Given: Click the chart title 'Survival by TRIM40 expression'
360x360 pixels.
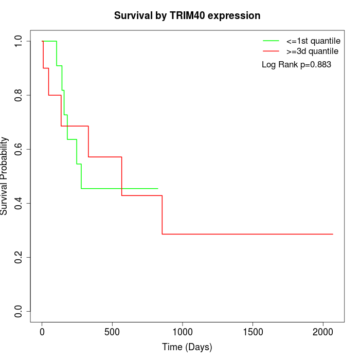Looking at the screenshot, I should pyautogui.click(x=187, y=16).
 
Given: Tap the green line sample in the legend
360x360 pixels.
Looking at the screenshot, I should pyautogui.click(x=271, y=41).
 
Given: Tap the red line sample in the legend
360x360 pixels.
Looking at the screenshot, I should pyautogui.click(x=271, y=51).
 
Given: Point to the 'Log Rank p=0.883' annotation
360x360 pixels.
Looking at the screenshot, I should pyautogui.click(x=296, y=65).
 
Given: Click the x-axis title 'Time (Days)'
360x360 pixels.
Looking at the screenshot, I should pyautogui.click(x=187, y=347).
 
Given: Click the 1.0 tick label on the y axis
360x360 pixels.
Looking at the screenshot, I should pyautogui.click(x=19, y=41).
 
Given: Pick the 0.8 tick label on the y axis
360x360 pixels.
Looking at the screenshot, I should pyautogui.click(x=19, y=95).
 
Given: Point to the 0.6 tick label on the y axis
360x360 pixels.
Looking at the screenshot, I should pyautogui.click(x=19, y=149).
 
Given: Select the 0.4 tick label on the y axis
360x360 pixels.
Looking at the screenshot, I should pyautogui.click(x=19, y=203).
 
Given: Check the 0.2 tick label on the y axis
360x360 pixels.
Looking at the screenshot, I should pyautogui.click(x=19, y=257).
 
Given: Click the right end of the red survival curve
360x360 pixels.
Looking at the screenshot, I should pyautogui.click(x=333, y=234).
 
